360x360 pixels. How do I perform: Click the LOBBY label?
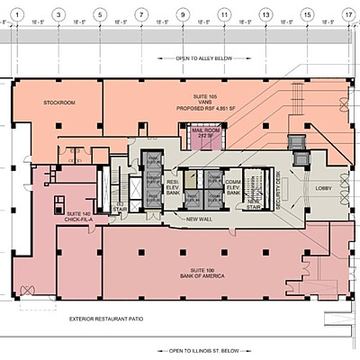point(324,188)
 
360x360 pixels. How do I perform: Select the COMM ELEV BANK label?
point(232,185)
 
